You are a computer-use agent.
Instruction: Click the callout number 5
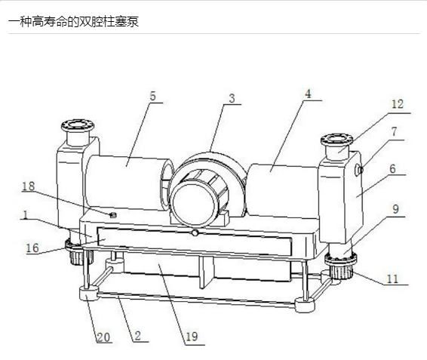tap(153, 96)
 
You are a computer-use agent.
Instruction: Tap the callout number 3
tap(232, 98)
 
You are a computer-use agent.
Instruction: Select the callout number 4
tap(308, 94)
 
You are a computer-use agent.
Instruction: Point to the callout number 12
tap(398, 104)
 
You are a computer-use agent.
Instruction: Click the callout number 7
tap(394, 131)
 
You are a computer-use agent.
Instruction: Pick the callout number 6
tap(392, 169)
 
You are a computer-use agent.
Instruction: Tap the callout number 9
tap(395, 209)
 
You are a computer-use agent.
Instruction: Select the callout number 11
tap(392, 279)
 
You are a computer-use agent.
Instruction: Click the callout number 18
tap(29, 186)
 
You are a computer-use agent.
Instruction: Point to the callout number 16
tap(32, 248)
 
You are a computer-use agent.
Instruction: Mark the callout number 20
tap(103, 337)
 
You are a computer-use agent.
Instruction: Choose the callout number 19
tap(192, 337)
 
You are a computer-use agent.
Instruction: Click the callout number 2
tap(138, 336)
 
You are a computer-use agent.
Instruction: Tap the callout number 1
tap(26, 215)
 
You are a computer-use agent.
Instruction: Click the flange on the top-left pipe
tap(78, 125)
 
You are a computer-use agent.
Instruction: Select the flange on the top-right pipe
tap(337, 140)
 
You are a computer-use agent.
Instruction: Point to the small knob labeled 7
tap(359, 171)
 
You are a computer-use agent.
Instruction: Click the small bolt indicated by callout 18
tap(113, 215)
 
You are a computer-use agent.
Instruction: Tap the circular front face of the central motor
tap(194, 205)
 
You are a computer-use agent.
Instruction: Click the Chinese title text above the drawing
tap(73, 22)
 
